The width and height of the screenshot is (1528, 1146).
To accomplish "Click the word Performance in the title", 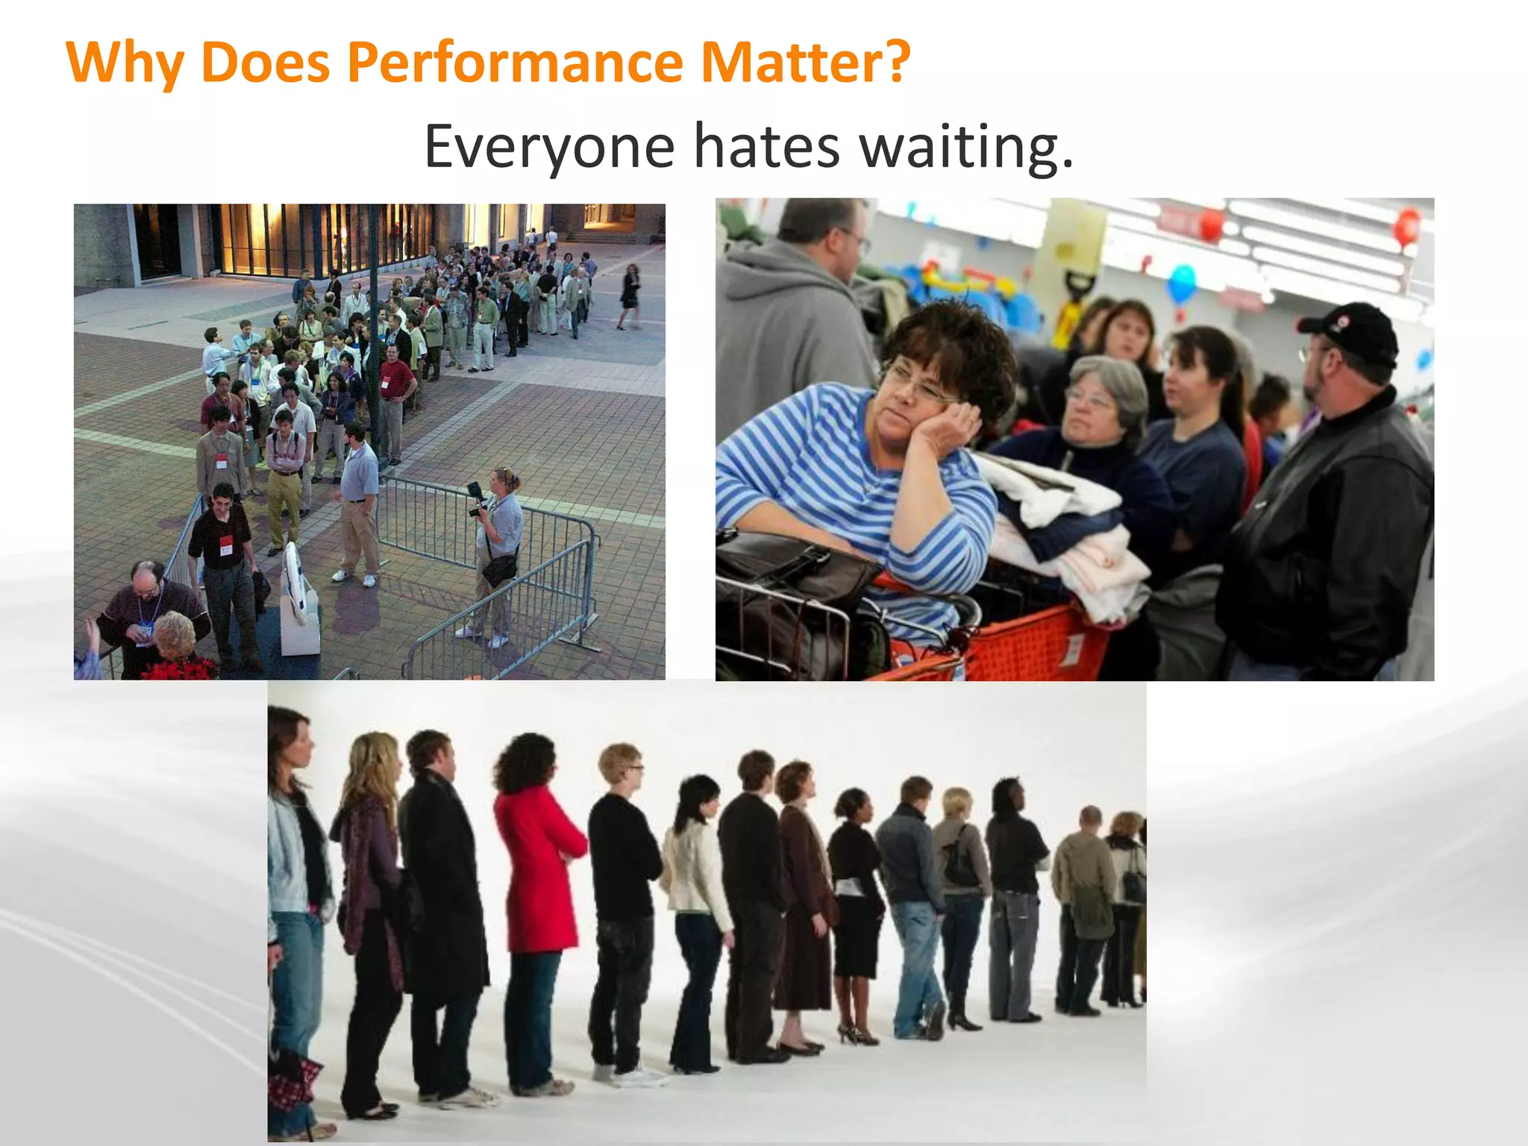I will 515,63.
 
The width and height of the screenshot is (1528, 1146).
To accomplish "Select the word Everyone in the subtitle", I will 549,146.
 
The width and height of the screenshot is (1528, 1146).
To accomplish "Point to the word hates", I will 767,146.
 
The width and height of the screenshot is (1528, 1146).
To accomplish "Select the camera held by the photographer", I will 476,498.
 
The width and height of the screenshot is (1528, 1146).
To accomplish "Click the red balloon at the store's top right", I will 1407,225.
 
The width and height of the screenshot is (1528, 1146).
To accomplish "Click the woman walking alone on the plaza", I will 629,295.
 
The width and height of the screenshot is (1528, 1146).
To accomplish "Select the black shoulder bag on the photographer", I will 498,569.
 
